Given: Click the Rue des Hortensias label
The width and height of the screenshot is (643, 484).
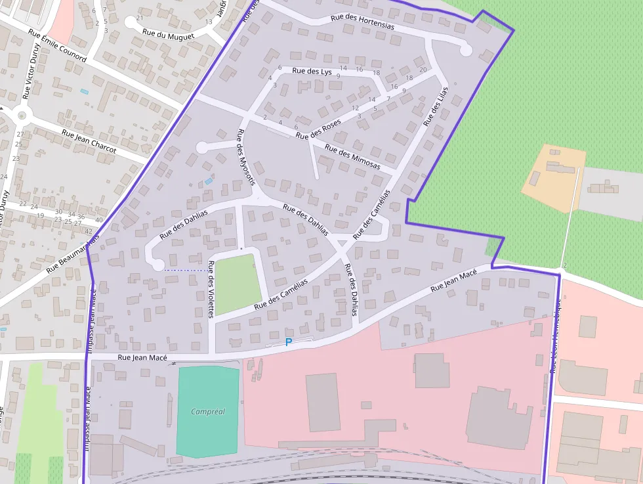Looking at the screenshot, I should tap(363, 22).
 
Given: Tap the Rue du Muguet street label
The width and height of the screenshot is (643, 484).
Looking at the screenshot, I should tap(169, 35).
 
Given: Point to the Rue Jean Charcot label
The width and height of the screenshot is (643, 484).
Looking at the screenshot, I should tap(89, 141).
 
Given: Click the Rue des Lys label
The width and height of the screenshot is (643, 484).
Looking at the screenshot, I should tap(312, 71).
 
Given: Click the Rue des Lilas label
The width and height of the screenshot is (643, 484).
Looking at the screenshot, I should tap(435, 106).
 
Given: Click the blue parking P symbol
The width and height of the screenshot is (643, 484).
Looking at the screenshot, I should tap(288, 342).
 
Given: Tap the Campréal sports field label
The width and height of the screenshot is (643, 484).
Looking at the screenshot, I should tap(207, 412).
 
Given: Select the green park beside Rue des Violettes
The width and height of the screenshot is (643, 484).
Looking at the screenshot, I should tap(234, 284).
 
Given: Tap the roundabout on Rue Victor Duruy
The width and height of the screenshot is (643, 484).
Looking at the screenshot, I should tap(22, 116).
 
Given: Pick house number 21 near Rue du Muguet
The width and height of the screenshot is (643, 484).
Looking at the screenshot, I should tap(139, 18).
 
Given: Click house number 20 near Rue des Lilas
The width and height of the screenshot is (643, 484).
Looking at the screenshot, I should tap(423, 70).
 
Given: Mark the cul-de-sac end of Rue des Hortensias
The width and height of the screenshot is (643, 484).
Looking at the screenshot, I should tap(466, 49).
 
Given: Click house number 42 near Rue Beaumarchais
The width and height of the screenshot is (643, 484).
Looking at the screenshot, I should tap(88, 231).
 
